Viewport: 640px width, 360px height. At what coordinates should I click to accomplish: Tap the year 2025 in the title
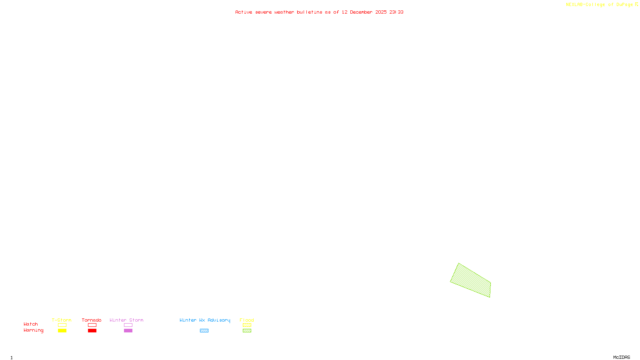point(381,12)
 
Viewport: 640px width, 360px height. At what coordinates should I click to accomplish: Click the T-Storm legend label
point(62,320)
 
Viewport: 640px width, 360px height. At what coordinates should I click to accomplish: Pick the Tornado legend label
point(92,320)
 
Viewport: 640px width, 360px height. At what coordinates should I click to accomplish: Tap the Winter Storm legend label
point(126,320)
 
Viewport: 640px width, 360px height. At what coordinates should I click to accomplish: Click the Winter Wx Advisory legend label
point(205,320)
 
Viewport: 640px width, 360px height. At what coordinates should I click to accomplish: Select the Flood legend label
point(247,320)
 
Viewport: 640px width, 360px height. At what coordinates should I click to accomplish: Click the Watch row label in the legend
point(31,324)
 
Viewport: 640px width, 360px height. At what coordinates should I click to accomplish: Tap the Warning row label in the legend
point(34,330)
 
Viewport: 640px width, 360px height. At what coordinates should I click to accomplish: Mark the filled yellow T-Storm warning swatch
point(62,331)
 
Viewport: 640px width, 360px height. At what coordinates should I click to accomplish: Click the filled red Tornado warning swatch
point(92,331)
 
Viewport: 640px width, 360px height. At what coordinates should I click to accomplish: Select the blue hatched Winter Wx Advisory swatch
point(204,331)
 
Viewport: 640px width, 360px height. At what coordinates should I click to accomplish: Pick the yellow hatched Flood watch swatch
point(247,325)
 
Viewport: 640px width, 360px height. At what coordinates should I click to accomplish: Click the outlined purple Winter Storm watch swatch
point(128,325)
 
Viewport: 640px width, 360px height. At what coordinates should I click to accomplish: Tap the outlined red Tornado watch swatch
point(92,325)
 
